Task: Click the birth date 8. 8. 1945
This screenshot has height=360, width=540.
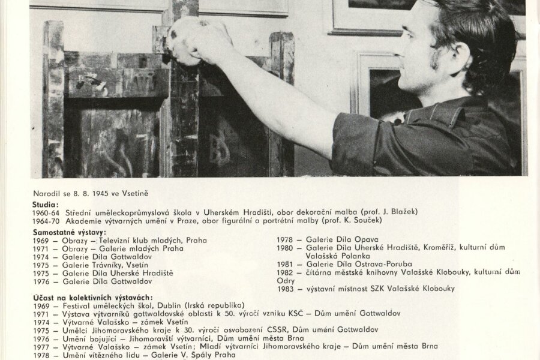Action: pyautogui.click(x=91, y=194)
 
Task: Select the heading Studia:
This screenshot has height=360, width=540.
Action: pyautogui.click(x=46, y=203)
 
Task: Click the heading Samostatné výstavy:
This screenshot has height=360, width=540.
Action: pyautogui.click(x=70, y=232)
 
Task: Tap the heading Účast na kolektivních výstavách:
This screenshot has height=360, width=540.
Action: pyautogui.click(x=92, y=298)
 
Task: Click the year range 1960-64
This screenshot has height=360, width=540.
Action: pyautogui.click(x=48, y=212)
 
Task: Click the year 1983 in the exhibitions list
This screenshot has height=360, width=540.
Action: pyautogui.click(x=286, y=289)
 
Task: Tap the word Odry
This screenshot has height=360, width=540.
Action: pyautogui.click(x=286, y=281)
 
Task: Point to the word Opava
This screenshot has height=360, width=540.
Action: pyautogui.click(x=366, y=240)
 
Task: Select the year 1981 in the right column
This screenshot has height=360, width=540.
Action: pyautogui.click(x=285, y=265)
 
